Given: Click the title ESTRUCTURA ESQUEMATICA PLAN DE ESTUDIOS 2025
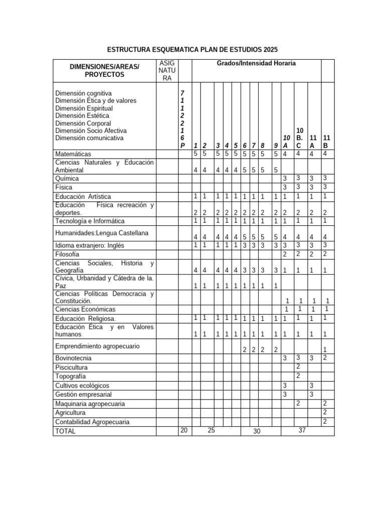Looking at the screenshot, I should click(x=192, y=50).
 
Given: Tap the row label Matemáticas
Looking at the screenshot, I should click(x=73, y=154).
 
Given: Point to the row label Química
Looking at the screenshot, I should click(x=67, y=178).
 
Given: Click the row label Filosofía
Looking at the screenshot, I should click(x=67, y=254).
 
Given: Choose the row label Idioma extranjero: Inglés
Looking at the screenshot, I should click(x=89, y=245).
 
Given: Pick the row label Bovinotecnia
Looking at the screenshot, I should click(x=73, y=358).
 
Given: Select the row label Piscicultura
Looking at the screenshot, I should click(x=71, y=367).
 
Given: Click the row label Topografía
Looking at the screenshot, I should click(x=70, y=376).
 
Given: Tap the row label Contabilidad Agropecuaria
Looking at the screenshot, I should click(x=92, y=422).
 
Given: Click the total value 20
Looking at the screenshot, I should click(x=184, y=430).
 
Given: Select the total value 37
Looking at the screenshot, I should click(x=302, y=430).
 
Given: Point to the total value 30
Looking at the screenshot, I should click(x=257, y=431).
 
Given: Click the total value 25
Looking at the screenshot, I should click(x=211, y=430).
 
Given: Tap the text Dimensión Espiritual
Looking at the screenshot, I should click(x=84, y=108).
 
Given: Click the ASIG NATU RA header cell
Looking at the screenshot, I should click(x=165, y=70).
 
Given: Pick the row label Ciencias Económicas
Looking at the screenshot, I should click(x=85, y=309).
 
